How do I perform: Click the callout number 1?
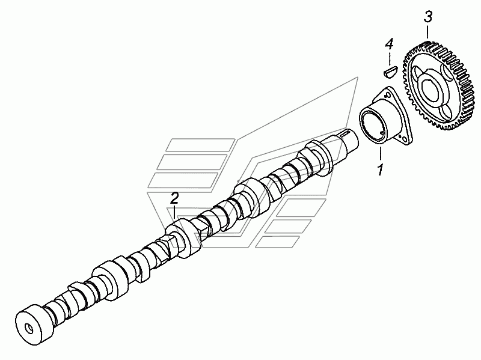click(x=381, y=169)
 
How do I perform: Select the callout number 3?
click(x=428, y=17)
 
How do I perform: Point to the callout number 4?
click(x=389, y=44)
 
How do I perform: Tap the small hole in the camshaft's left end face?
click(x=29, y=328)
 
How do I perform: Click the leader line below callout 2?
click(x=174, y=212)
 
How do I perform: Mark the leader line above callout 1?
click(x=381, y=154)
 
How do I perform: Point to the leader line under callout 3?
click(x=428, y=33)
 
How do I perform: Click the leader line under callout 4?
click(x=389, y=59)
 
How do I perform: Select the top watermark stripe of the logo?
click(x=200, y=145)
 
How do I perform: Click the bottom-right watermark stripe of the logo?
click(x=278, y=242)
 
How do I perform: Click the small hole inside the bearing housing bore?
click(x=381, y=133)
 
